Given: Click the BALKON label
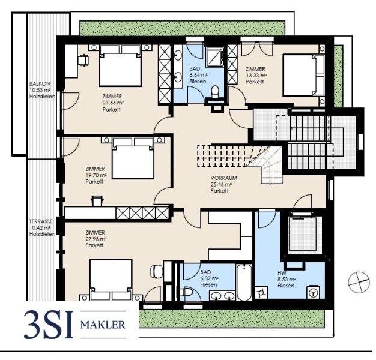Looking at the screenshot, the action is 40,84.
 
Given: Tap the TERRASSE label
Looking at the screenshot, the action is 41,221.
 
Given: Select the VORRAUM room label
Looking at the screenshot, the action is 224,178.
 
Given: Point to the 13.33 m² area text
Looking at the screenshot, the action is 256,76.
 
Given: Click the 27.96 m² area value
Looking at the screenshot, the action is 96,239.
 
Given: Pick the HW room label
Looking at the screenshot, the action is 282,273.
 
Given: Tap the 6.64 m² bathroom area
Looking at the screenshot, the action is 198,75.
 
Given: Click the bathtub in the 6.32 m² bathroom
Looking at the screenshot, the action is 244,282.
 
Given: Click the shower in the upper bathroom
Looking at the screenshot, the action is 215,57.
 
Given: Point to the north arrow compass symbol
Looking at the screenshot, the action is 359,282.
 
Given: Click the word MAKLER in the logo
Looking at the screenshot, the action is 103,325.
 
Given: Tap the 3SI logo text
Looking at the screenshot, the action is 48,324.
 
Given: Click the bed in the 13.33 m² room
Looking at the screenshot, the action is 304,75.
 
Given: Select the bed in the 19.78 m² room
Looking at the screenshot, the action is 133,158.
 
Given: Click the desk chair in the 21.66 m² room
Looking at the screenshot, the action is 83,60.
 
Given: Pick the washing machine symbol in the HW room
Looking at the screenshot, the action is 314,292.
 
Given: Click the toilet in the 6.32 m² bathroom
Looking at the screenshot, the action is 187,292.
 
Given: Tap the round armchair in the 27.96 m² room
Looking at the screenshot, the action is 156,271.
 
